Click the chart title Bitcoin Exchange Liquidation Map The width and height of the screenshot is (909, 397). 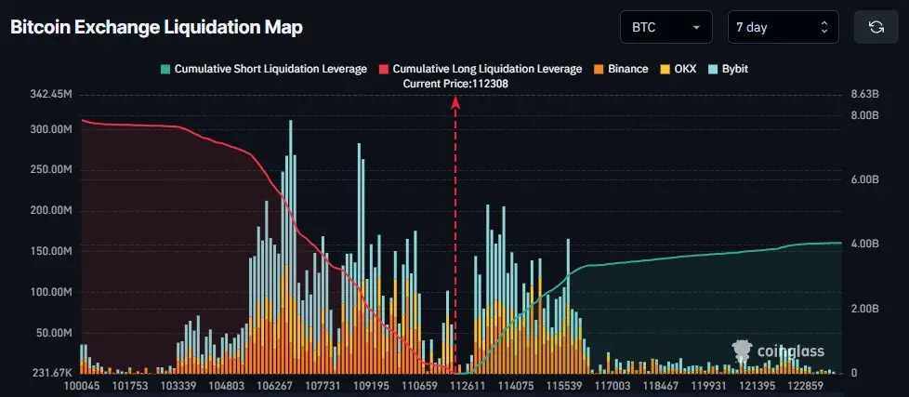(x=156, y=27)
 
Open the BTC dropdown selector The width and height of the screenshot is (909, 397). (x=665, y=27)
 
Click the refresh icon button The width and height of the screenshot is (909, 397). (x=876, y=27)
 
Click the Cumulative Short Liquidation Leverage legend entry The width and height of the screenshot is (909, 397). (x=263, y=69)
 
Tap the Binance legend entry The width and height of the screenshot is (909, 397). (x=621, y=69)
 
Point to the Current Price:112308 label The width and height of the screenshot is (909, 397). (x=455, y=84)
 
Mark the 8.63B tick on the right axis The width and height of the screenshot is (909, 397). (x=864, y=94)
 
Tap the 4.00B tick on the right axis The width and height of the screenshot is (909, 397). (x=864, y=245)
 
